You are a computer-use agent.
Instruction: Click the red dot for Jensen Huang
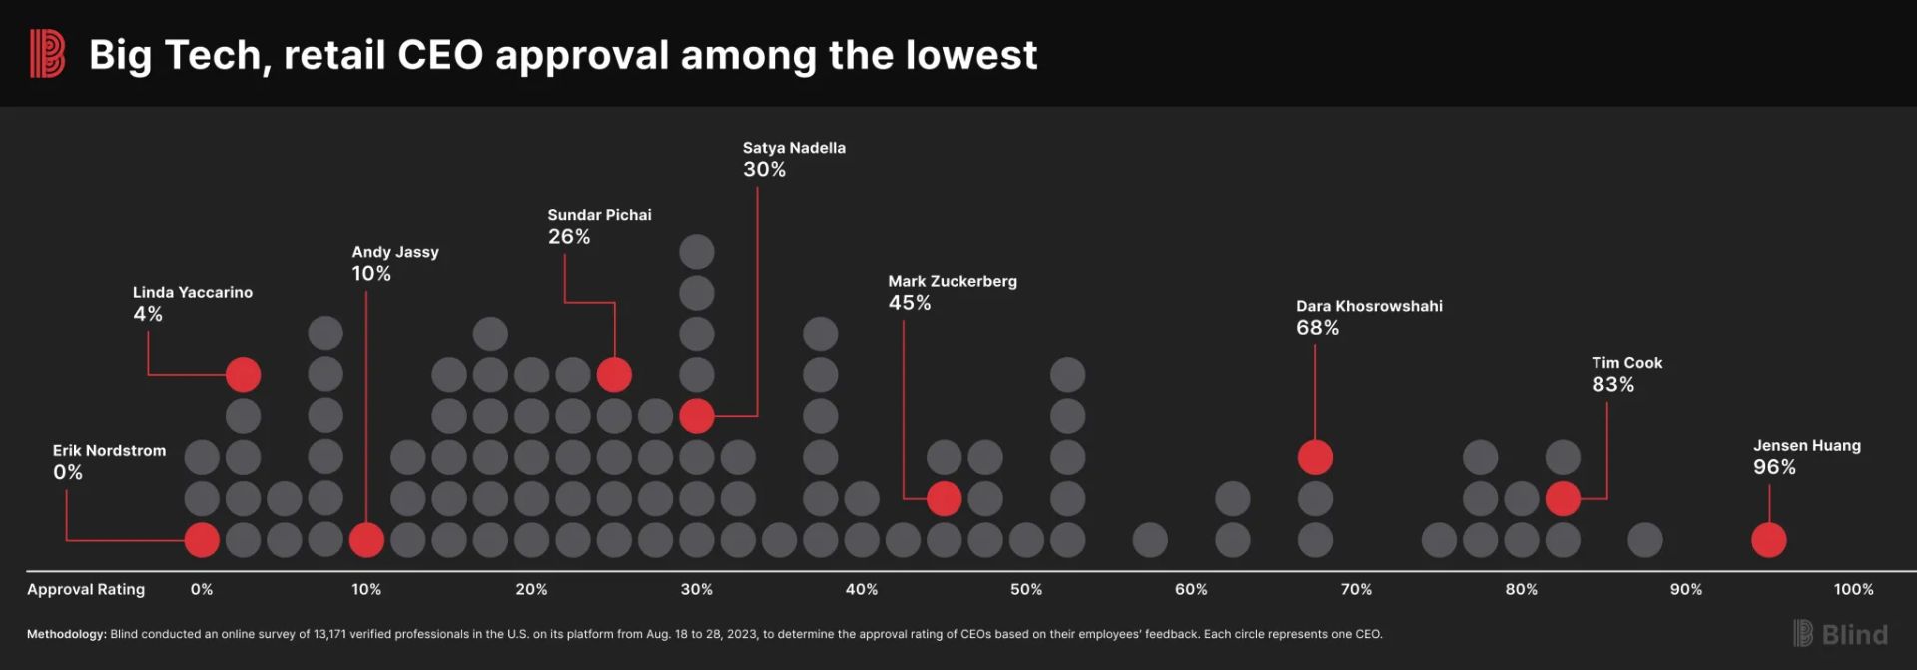(1768, 540)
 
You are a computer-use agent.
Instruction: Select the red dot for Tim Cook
(1563, 498)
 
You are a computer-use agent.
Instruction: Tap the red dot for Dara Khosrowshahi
(1315, 457)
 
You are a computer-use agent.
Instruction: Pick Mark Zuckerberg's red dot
(944, 498)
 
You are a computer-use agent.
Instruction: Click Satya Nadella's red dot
(697, 416)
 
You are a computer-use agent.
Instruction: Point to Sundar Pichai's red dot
(614, 375)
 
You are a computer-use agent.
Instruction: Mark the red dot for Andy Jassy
(366, 540)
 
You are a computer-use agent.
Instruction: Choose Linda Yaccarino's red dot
(243, 375)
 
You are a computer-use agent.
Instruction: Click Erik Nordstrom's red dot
(202, 540)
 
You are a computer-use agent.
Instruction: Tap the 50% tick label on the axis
(1026, 590)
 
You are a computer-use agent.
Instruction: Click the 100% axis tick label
(1853, 590)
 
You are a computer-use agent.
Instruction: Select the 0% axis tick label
(202, 590)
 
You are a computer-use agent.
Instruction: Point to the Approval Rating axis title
(86, 590)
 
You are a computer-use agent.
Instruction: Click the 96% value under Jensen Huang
(1774, 467)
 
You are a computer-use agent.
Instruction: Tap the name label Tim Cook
(1626, 363)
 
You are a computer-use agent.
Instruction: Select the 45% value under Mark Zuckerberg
(910, 303)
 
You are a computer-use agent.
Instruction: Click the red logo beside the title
(47, 54)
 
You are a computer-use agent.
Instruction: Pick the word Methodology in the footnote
(66, 634)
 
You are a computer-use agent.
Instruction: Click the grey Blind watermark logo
(1840, 634)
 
